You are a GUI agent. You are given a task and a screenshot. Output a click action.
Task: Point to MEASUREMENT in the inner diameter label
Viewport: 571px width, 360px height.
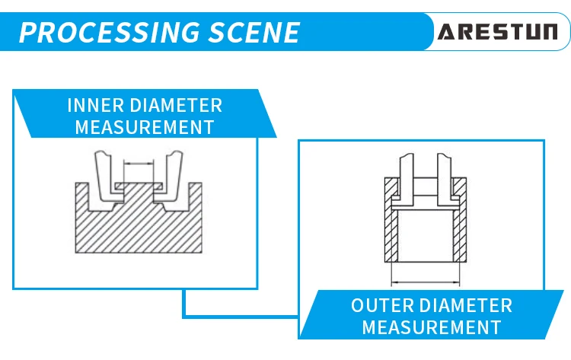(144, 126)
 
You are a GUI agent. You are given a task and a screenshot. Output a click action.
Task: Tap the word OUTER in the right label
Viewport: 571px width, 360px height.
(379, 306)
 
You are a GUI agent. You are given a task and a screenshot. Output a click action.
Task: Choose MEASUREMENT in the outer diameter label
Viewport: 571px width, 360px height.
(431, 328)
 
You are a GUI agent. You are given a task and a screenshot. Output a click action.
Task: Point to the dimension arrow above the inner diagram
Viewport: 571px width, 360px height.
(138, 163)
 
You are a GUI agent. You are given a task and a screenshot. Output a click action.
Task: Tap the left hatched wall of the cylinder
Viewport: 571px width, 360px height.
(389, 228)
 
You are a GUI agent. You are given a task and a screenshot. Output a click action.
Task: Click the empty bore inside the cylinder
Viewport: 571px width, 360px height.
(425, 236)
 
